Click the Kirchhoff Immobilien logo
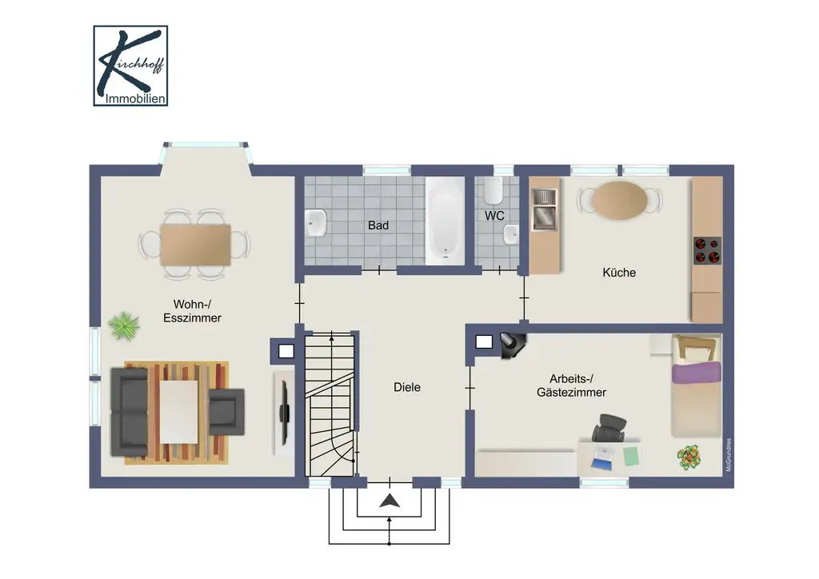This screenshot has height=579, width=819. pyautogui.click(x=130, y=66)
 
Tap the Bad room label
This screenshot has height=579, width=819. pyautogui.click(x=378, y=226)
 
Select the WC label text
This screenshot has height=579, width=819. pyautogui.click(x=494, y=216)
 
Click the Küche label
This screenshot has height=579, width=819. pyautogui.click(x=619, y=273)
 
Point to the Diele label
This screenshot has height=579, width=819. pyautogui.click(x=407, y=387)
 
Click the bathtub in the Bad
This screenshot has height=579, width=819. pyautogui.click(x=445, y=221)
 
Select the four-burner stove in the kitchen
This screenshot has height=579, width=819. pyautogui.click(x=707, y=250)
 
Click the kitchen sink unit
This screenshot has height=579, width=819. pyautogui.click(x=545, y=210)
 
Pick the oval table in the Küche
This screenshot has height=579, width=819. pyautogui.click(x=620, y=199)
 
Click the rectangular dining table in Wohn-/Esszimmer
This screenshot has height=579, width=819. pyautogui.click(x=196, y=245)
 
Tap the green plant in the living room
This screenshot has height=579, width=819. pyautogui.click(x=124, y=325)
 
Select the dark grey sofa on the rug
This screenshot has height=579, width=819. pyautogui.click(x=129, y=412)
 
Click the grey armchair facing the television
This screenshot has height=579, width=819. pyautogui.click(x=226, y=412)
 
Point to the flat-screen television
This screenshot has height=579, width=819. pyautogui.click(x=285, y=413)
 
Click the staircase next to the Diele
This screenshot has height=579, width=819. pyautogui.click(x=330, y=405)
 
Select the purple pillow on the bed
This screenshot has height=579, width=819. pyautogui.click(x=696, y=373)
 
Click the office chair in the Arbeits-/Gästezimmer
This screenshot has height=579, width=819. pyautogui.click(x=609, y=428)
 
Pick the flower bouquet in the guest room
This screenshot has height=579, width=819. pyautogui.click(x=689, y=457)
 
